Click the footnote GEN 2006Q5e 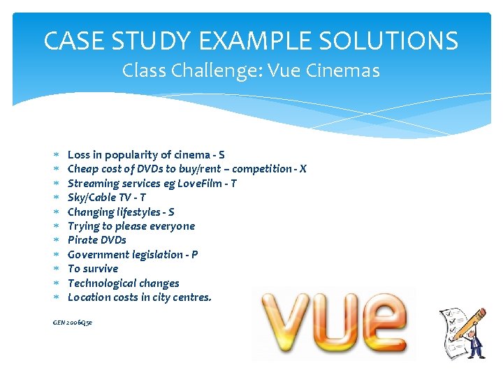pos(73,322)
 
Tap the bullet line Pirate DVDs pos(96,240)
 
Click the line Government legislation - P pos(132,255)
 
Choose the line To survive pos(92,269)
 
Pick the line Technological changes pos(123,283)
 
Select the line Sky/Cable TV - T pos(106,198)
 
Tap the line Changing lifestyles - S pos(120,212)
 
